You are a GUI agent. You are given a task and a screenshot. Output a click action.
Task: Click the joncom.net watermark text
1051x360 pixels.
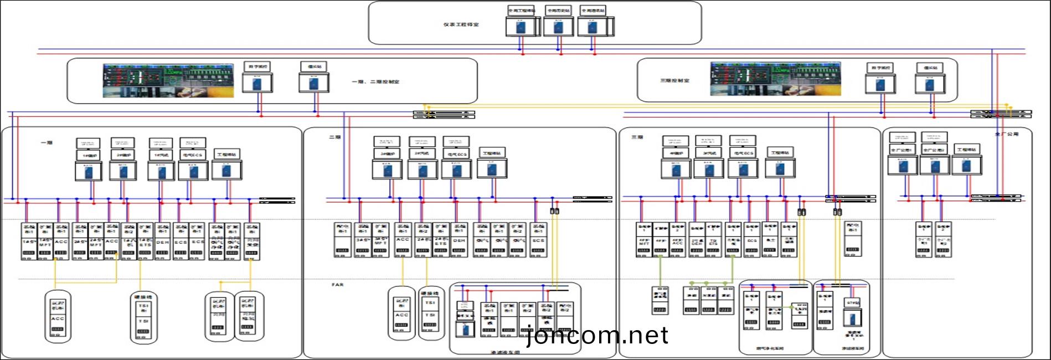pyautogui.click(x=597, y=336)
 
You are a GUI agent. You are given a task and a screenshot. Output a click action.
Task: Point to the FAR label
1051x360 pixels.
pyautogui.click(x=337, y=285)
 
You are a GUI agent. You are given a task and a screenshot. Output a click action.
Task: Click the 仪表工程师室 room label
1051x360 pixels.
pyautogui.click(x=461, y=24)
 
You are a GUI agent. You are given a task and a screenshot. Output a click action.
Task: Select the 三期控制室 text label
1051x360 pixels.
pyautogui.click(x=674, y=81)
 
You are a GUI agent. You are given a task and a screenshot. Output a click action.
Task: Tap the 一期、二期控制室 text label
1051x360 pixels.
pyautogui.click(x=375, y=81)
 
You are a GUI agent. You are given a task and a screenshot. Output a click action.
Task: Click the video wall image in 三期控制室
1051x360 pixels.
pyautogui.click(x=775, y=79)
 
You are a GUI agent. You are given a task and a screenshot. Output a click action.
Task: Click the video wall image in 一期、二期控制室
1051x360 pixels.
pyautogui.click(x=168, y=81)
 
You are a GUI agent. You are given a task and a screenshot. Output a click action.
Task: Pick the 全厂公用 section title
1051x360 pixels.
pyautogui.click(x=1006, y=134)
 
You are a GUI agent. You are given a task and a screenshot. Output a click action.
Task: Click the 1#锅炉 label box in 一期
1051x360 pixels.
pyautogui.click(x=89, y=156)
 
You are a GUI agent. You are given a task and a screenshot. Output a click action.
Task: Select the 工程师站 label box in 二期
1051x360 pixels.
pyautogui.click(x=492, y=153)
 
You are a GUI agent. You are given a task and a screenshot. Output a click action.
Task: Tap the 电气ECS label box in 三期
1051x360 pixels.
pyautogui.click(x=743, y=153)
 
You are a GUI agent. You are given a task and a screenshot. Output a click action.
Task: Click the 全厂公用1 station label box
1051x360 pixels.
pyautogui.click(x=902, y=150)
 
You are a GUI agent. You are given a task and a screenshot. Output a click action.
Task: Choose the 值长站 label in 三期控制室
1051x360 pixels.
pyautogui.click(x=930, y=68)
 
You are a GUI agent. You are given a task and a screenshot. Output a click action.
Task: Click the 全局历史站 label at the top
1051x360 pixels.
pyautogui.click(x=558, y=11)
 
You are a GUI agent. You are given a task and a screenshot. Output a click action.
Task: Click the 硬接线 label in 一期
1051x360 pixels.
pyautogui.click(x=143, y=297)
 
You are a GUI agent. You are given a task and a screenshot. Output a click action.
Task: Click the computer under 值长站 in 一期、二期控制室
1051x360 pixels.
pyautogui.click(x=314, y=83)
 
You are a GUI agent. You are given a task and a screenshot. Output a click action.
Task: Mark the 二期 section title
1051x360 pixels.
pyautogui.click(x=334, y=137)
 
